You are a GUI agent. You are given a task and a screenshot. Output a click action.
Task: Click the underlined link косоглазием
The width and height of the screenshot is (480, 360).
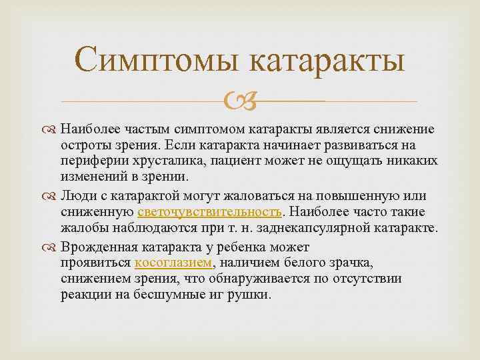pyautogui.click(x=173, y=262)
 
